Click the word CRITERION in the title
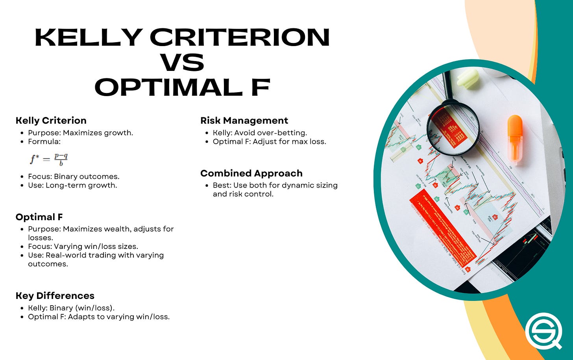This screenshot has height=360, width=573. click(240, 38)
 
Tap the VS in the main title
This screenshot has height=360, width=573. click(182, 62)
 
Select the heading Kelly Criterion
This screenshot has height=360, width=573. click(51, 121)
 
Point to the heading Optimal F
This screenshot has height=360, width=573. click(39, 217)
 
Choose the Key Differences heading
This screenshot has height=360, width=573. click(55, 296)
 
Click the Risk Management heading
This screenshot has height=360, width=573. click(244, 121)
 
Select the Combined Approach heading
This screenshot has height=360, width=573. click(251, 173)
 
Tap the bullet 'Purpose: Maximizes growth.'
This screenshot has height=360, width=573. click(80, 133)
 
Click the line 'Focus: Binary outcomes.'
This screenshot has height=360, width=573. click(74, 176)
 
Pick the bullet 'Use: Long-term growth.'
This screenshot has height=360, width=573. click(72, 185)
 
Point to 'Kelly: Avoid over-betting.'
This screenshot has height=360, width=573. click(260, 133)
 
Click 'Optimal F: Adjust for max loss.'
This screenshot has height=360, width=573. click(269, 141)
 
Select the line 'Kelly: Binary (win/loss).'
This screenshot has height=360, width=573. click(71, 308)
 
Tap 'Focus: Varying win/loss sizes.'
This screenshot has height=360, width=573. click(83, 247)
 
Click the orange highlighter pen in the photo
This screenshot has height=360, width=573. click(514, 137)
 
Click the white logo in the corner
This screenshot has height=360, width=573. click(543, 331)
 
